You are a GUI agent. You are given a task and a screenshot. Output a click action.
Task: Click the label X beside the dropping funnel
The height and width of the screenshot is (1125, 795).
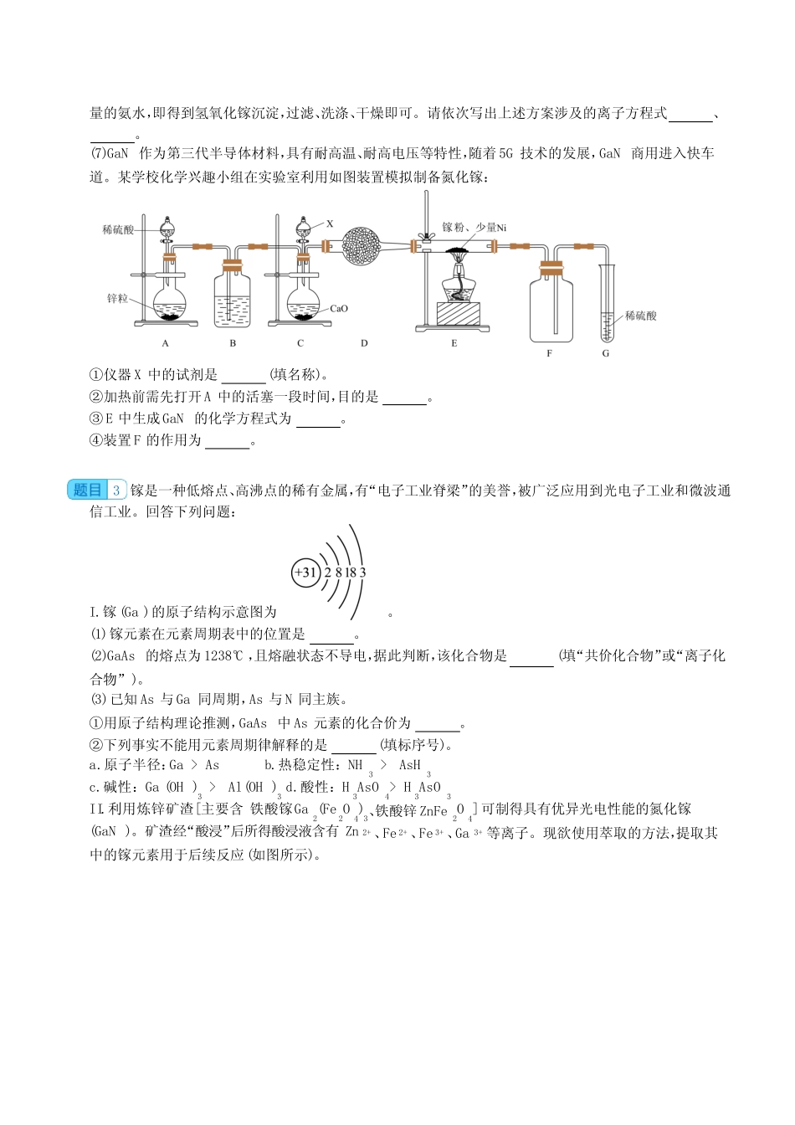click(330, 223)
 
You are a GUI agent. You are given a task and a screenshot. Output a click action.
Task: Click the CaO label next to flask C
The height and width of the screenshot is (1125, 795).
click(338, 309)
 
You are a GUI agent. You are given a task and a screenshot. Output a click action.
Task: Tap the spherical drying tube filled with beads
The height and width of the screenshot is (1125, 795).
click(364, 245)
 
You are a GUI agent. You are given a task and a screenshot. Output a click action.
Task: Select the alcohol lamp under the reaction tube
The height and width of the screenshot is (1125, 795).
click(459, 285)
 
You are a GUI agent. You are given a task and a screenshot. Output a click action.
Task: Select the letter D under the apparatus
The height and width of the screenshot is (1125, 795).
click(364, 343)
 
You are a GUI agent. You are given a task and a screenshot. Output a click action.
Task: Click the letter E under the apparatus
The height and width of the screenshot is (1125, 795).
click(454, 343)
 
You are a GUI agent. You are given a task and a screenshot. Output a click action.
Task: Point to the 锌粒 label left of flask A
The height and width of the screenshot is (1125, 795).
click(117, 299)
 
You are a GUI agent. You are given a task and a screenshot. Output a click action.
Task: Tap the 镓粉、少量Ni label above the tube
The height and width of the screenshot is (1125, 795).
click(474, 227)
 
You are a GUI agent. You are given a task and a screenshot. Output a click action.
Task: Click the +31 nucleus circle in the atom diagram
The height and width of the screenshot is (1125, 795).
click(305, 573)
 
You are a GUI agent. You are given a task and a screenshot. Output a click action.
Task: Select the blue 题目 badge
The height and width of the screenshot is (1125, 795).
click(88, 491)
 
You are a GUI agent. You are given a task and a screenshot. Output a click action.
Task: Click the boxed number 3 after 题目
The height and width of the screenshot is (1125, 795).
click(117, 491)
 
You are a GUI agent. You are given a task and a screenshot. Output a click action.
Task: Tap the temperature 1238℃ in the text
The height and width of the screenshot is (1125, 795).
click(223, 656)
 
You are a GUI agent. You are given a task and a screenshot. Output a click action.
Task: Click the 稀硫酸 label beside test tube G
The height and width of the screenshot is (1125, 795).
click(641, 316)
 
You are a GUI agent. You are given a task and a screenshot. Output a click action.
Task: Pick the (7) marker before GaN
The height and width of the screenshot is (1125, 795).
click(97, 154)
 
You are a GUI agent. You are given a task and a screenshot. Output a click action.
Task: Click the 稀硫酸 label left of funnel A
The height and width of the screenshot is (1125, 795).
click(118, 229)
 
